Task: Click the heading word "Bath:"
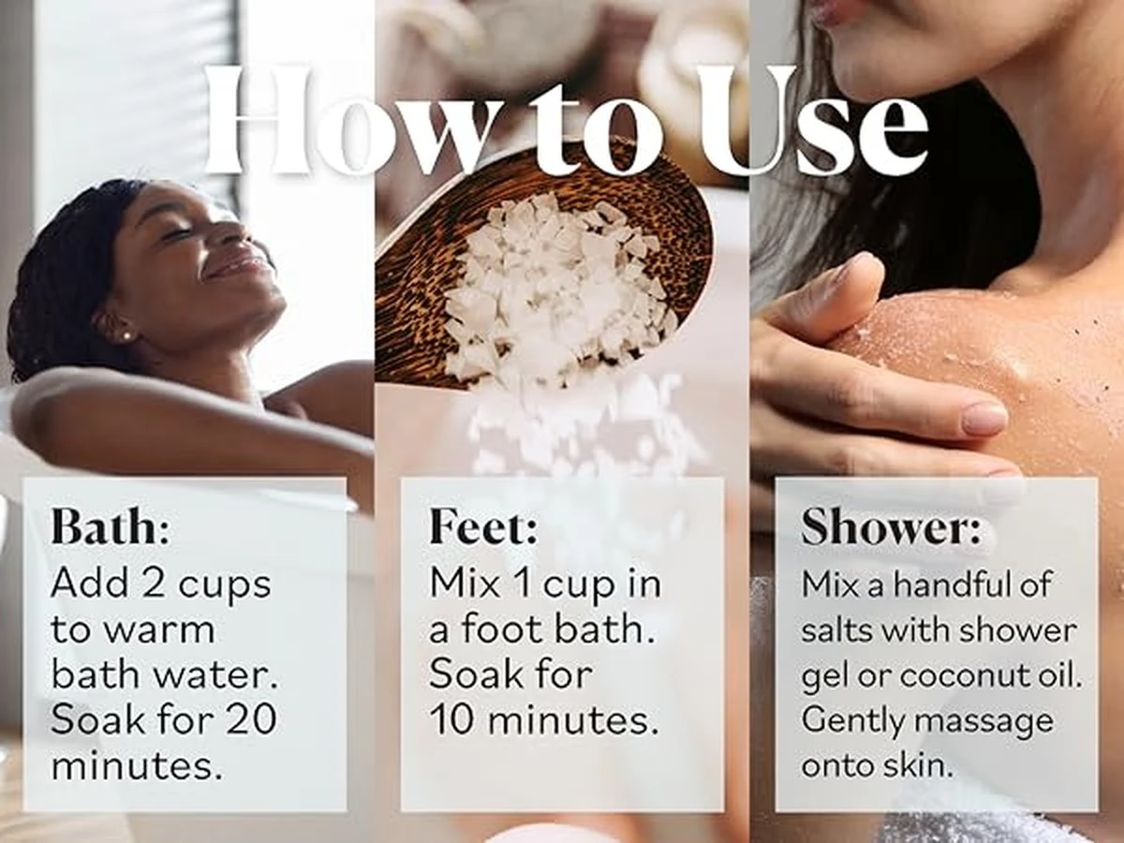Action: click(x=110, y=526)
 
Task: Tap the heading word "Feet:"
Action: click(x=484, y=526)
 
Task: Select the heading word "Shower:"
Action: click(x=891, y=526)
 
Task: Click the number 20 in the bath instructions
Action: click(x=251, y=719)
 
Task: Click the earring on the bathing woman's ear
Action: click(x=126, y=334)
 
